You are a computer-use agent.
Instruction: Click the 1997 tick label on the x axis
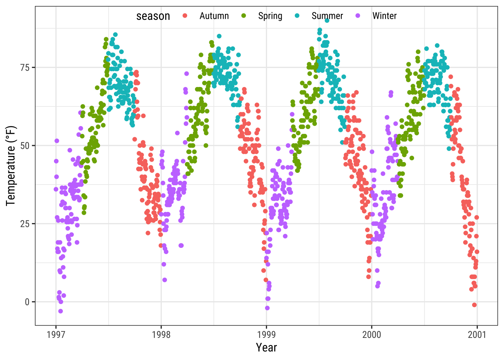click(x=56, y=334)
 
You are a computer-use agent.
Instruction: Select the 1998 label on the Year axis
click(x=161, y=334)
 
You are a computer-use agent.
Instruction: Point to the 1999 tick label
click(x=267, y=334)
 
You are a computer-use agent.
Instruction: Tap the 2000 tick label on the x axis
click(x=372, y=334)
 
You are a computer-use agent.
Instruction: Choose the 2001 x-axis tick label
click(x=477, y=334)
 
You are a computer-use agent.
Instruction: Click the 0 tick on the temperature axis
click(x=27, y=302)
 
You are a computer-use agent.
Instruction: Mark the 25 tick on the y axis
click(x=25, y=224)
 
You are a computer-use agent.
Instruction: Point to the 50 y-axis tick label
click(x=25, y=145)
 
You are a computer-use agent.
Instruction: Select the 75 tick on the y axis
click(x=25, y=67)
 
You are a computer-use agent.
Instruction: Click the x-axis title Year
click(x=266, y=348)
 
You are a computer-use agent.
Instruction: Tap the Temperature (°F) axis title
click(x=11, y=166)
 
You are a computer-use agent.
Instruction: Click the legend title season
click(x=153, y=16)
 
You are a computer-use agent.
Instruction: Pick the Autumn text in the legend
click(x=214, y=16)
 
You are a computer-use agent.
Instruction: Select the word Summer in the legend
click(x=327, y=16)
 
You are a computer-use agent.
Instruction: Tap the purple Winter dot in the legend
click(x=358, y=16)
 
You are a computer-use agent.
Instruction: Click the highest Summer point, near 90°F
click(x=327, y=21)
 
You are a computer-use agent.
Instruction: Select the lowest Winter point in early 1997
click(x=60, y=311)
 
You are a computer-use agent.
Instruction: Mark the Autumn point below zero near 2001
click(x=474, y=305)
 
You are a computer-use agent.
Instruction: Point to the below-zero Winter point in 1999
click(x=267, y=308)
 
